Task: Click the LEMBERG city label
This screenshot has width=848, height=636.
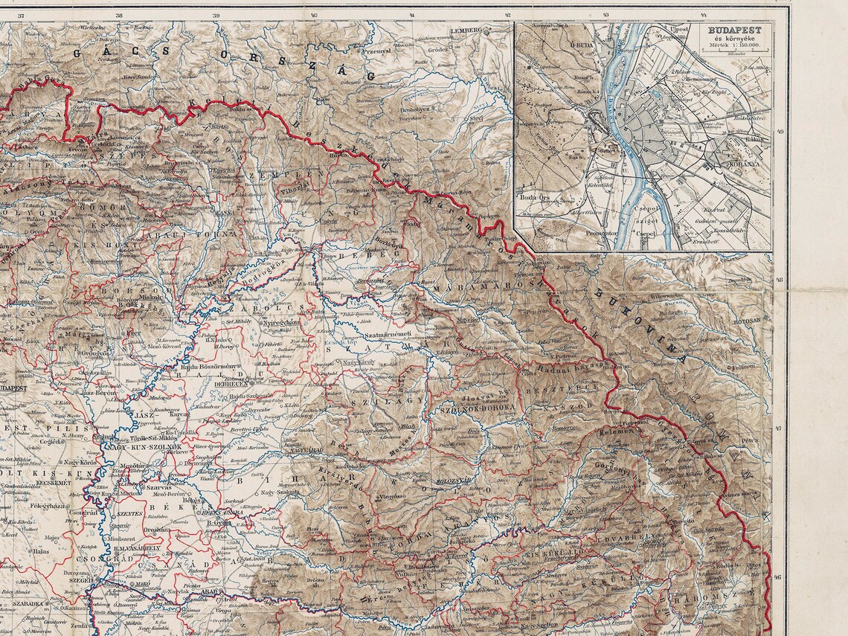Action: point(466,30)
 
